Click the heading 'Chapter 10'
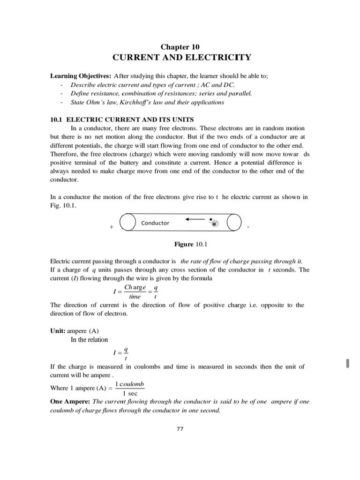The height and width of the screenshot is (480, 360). point(180,46)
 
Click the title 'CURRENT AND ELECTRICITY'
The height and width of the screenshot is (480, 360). point(180,58)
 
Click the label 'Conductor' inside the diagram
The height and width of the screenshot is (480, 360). point(155,223)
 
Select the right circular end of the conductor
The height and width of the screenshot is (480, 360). point(233,223)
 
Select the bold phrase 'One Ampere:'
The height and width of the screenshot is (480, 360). point(70,402)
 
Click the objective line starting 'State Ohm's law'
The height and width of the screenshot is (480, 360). point(140,102)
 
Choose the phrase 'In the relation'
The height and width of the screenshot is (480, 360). point(89,340)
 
